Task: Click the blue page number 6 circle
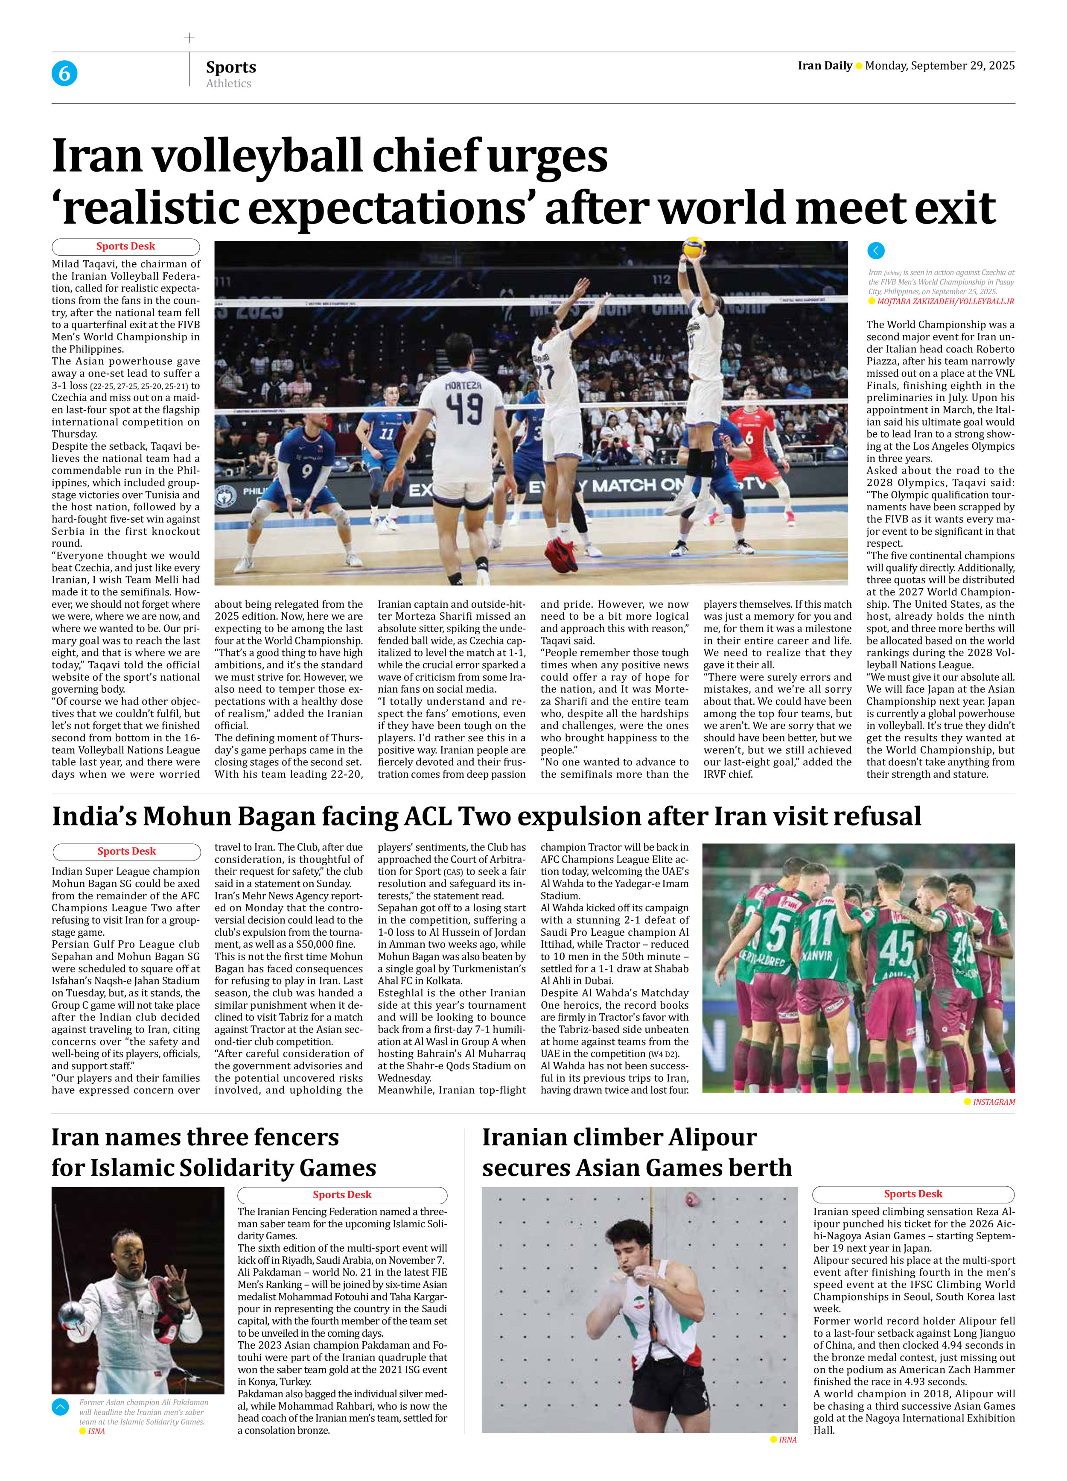click(x=64, y=73)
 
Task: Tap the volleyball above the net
click(x=693, y=248)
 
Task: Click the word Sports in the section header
click(x=231, y=67)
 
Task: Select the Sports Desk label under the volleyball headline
click(x=125, y=246)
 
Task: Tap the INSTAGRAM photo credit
click(x=993, y=1102)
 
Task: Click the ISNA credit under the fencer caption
click(x=96, y=1431)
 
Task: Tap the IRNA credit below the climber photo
click(x=787, y=1439)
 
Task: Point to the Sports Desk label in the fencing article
click(x=342, y=1194)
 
